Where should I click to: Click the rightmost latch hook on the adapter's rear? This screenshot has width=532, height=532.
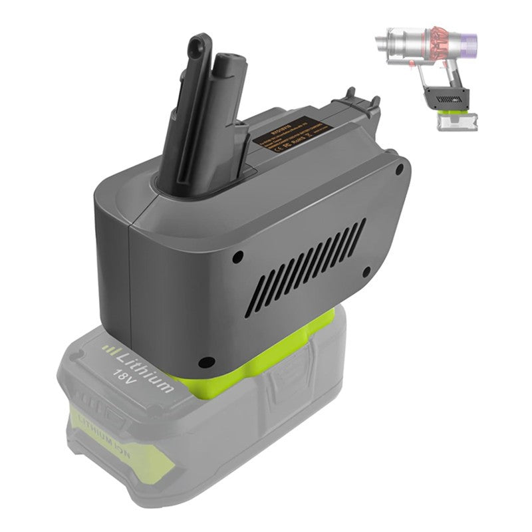374,102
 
